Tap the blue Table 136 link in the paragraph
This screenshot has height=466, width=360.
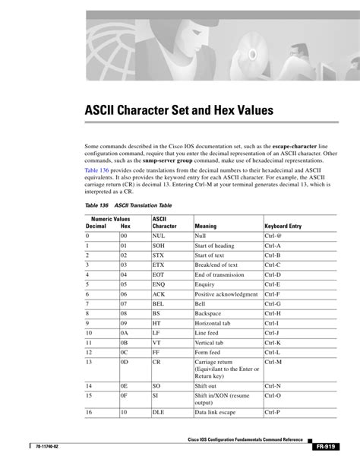(x=99, y=170)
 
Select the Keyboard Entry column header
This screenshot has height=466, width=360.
(x=283, y=227)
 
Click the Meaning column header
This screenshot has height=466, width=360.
(x=205, y=227)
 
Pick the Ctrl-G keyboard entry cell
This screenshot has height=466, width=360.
(x=273, y=303)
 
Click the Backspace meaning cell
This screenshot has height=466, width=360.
(x=208, y=312)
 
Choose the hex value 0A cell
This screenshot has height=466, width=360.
(x=126, y=331)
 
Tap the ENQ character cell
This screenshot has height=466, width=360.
(x=159, y=284)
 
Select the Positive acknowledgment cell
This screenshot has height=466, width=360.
(x=226, y=293)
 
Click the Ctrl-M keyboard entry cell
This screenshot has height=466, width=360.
(x=273, y=363)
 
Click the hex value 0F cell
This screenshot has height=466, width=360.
(x=126, y=396)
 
